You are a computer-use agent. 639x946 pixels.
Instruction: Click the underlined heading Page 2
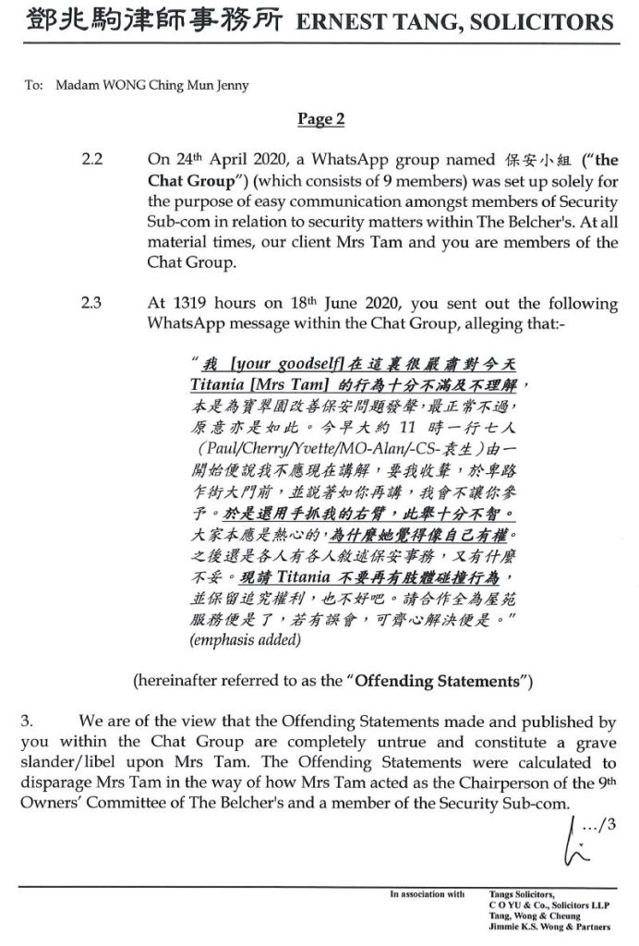pos(320,118)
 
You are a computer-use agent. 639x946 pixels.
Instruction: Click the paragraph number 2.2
pos(92,160)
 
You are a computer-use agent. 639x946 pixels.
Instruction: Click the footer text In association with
pos(427,894)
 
